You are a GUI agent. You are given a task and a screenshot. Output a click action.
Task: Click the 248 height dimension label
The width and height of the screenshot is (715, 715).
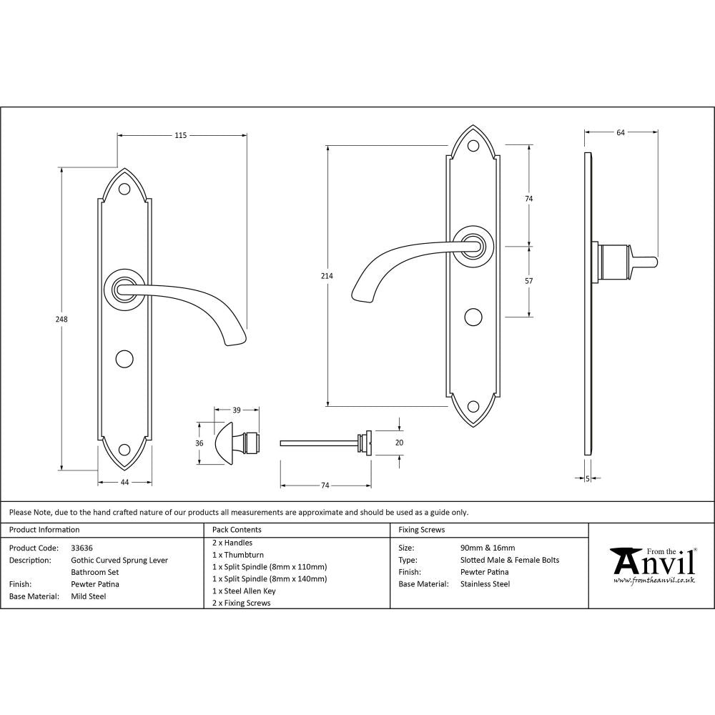coord(62,320)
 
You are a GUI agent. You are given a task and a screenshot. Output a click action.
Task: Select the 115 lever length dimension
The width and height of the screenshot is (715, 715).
coord(180,135)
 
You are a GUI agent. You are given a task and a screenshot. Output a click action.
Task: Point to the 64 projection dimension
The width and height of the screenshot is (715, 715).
coord(621,132)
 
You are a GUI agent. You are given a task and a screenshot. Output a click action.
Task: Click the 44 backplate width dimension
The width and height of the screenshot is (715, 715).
coord(124,483)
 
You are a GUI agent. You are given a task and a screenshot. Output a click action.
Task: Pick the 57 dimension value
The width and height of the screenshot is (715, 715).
coord(529,281)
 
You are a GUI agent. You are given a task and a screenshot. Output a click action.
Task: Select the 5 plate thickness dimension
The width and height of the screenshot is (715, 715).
coord(587,478)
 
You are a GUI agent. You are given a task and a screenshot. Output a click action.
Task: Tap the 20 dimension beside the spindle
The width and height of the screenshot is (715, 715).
coord(399,443)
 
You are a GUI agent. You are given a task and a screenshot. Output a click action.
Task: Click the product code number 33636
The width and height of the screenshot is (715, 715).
coord(82,548)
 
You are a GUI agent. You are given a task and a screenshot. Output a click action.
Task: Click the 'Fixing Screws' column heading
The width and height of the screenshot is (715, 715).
coord(422,530)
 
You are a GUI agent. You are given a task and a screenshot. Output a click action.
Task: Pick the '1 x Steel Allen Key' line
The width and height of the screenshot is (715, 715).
coord(244,591)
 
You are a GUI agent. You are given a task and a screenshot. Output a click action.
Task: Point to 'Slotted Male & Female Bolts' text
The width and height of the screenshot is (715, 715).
coord(510,560)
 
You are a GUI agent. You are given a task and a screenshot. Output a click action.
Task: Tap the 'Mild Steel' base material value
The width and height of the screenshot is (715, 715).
coord(88,596)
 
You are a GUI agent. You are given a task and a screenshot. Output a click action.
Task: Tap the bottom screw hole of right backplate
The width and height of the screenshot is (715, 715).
coord(473,408)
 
